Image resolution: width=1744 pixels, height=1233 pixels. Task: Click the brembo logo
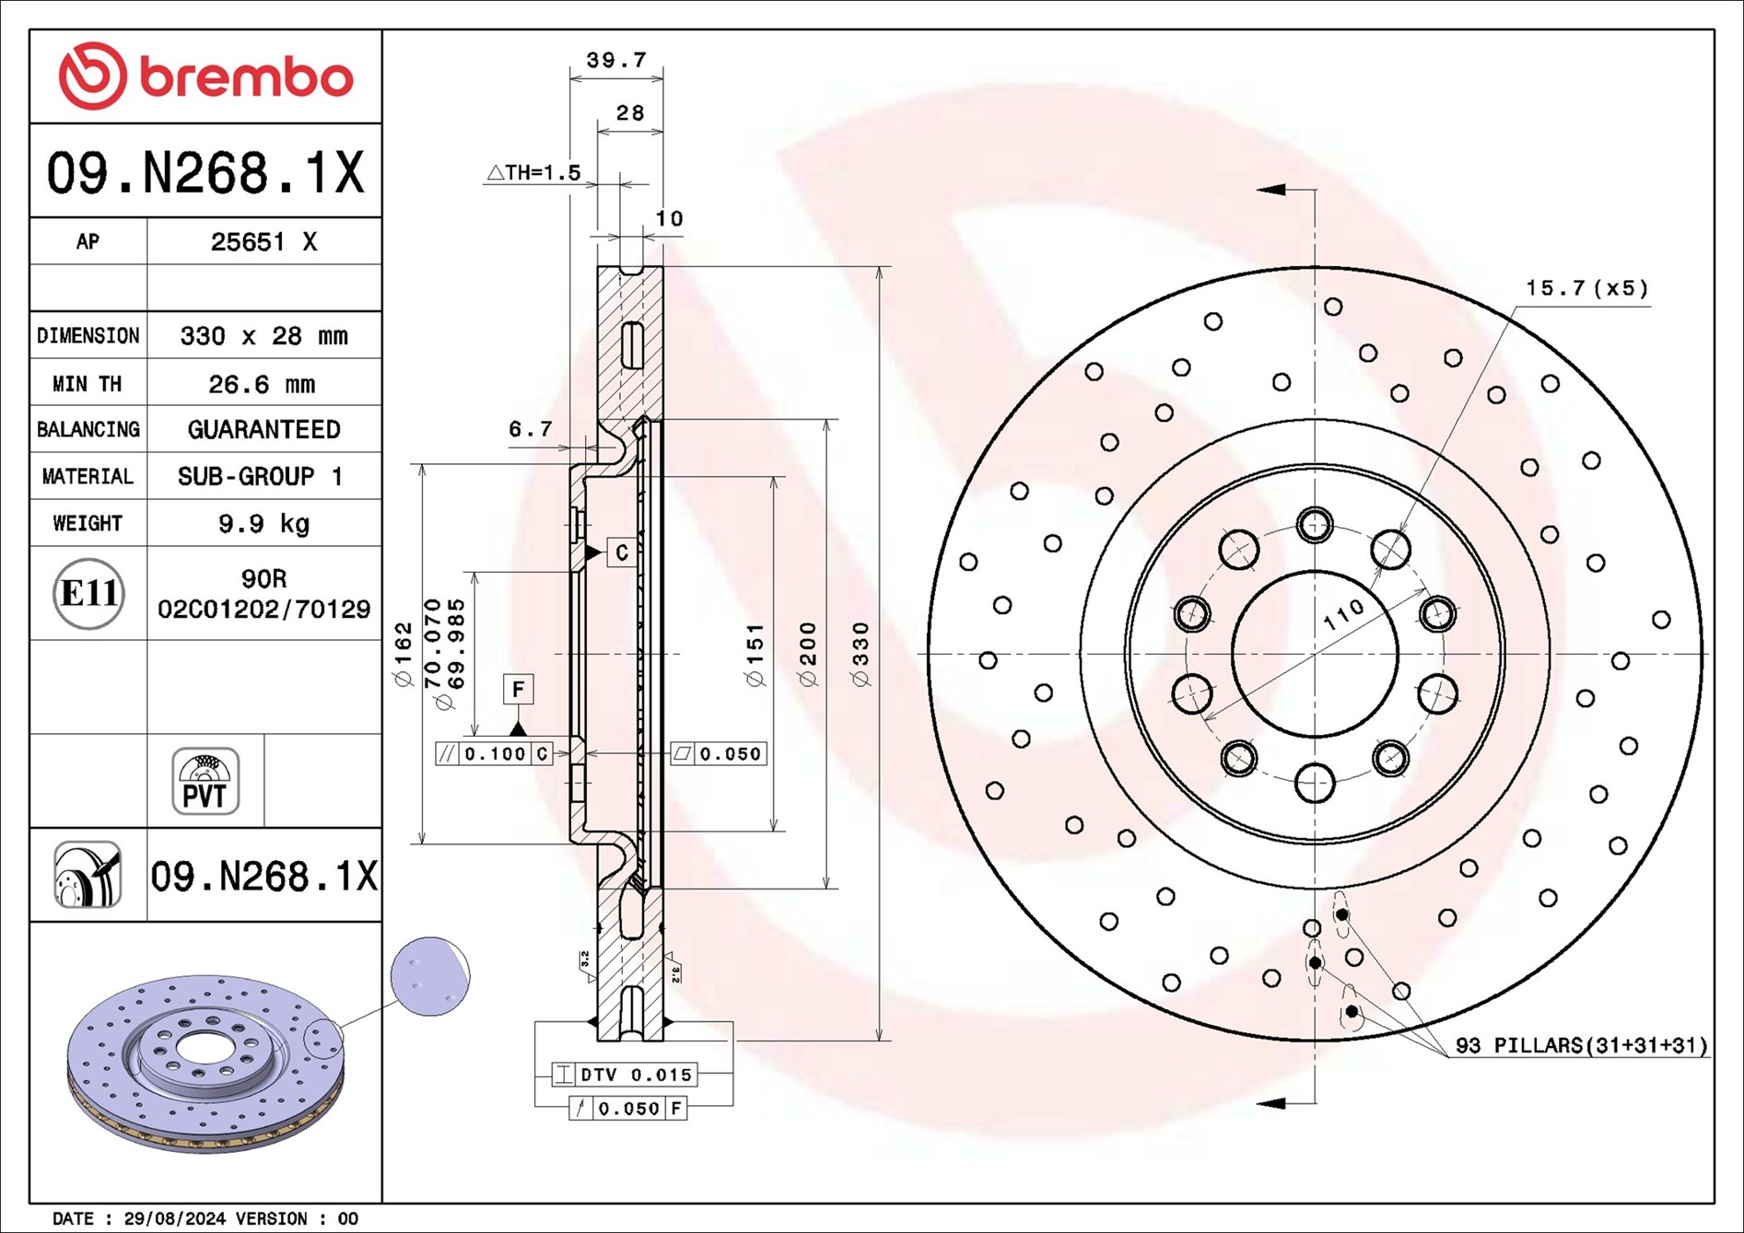coord(205,76)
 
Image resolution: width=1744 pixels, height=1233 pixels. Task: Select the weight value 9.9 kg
coord(263,524)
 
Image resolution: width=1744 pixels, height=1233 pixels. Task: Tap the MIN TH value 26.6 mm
coord(262,384)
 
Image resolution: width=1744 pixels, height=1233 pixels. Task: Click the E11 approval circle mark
coord(88,594)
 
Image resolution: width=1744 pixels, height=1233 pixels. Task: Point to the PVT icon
coord(205,782)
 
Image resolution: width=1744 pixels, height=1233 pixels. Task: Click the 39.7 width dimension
coord(616,61)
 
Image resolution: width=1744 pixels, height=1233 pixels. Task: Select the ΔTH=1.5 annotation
coord(533,172)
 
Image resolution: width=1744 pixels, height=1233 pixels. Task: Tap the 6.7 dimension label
coord(530,429)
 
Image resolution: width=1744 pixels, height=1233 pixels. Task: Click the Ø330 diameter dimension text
coord(860,654)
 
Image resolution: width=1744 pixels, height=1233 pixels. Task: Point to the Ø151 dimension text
coord(755,655)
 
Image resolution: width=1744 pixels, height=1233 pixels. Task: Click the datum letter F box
coord(519,689)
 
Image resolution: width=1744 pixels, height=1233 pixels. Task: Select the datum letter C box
coord(622,553)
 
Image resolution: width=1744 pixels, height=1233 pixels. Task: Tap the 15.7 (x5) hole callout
coord(1586,288)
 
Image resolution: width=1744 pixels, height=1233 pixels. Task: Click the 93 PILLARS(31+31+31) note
coord(1581,1045)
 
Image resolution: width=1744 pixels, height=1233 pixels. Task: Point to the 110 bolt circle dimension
coord(1343,614)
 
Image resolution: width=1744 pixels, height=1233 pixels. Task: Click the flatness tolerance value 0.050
coord(730,754)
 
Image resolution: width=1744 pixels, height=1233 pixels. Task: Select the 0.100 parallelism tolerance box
coord(494,754)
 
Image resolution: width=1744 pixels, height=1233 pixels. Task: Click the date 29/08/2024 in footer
coord(174,1218)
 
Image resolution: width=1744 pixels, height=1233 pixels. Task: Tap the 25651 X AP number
coord(263,242)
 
